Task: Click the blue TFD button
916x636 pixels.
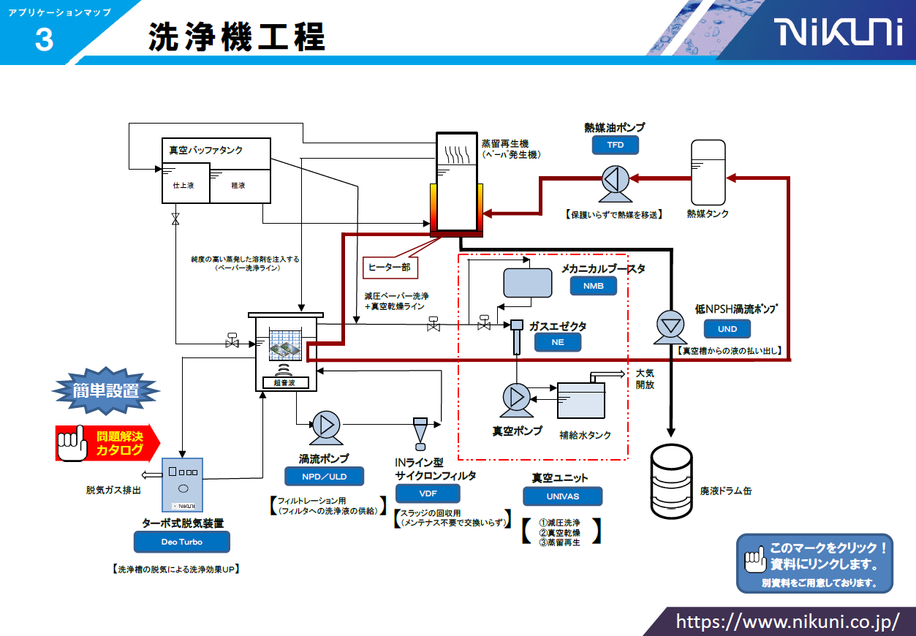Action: tap(615, 145)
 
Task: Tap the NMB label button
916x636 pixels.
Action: tap(594, 286)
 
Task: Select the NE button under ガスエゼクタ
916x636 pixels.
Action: tap(558, 341)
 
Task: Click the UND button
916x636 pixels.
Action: tap(727, 329)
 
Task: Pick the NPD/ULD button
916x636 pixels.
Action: tap(325, 477)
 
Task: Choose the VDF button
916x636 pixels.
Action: tap(428, 493)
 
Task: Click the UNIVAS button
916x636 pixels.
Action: tap(562, 496)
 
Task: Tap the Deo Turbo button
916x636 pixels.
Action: tap(181, 542)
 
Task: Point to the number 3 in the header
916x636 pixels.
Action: tap(43, 40)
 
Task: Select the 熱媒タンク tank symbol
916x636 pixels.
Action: tap(708, 172)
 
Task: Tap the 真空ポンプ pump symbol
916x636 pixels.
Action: tap(516, 398)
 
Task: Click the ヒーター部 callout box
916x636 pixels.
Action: tap(388, 267)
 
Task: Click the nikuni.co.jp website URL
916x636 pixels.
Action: tap(787, 621)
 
